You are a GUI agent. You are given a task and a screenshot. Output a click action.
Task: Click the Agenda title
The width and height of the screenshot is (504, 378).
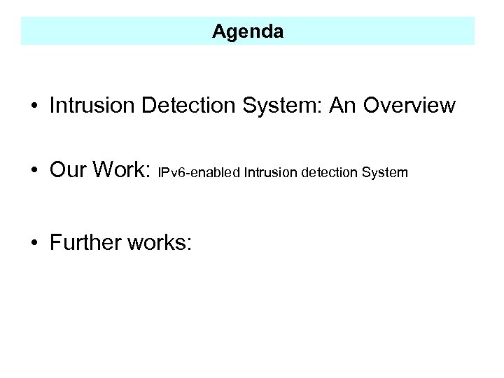point(248,31)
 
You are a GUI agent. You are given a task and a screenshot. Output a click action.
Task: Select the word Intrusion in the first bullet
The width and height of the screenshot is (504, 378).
point(92,106)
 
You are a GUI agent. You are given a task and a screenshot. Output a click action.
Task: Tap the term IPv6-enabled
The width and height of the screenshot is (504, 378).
point(200,172)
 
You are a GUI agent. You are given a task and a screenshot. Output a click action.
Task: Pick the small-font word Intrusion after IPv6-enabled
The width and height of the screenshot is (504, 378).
point(271,172)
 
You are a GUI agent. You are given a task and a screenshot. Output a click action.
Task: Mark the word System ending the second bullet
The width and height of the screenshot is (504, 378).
point(386,172)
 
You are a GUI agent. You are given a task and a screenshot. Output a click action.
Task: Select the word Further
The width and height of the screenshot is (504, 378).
point(85,242)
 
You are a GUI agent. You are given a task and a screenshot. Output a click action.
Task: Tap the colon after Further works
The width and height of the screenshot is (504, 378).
point(188,244)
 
